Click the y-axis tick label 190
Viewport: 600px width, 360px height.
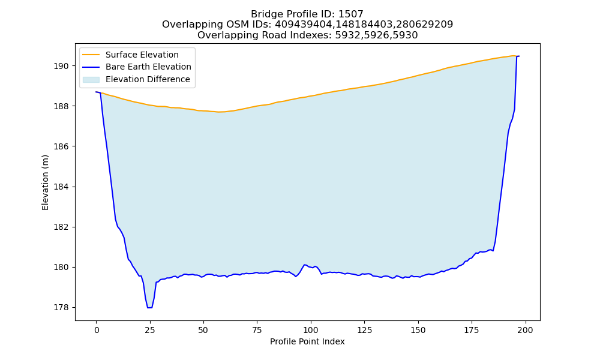61,66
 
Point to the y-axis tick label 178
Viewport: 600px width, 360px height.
61,308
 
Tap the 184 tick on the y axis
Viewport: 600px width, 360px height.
61,187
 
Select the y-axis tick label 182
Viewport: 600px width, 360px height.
61,227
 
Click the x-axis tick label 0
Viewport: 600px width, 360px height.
97,330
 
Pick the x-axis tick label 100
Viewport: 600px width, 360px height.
311,330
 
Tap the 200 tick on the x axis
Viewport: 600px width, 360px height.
525,330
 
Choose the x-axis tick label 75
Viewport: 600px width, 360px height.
257,330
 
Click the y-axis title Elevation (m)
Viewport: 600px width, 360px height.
46,182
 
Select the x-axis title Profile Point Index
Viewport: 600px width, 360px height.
307,341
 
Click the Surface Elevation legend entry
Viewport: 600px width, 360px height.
142,55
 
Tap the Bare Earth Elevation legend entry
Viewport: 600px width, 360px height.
148,67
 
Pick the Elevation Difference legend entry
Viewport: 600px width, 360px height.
148,79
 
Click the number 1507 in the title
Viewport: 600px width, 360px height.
351,14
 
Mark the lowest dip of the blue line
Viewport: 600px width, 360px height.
149,308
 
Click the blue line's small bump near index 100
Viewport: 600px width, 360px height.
305,265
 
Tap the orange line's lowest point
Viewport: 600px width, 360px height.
219,112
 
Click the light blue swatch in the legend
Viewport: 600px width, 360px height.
91,79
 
